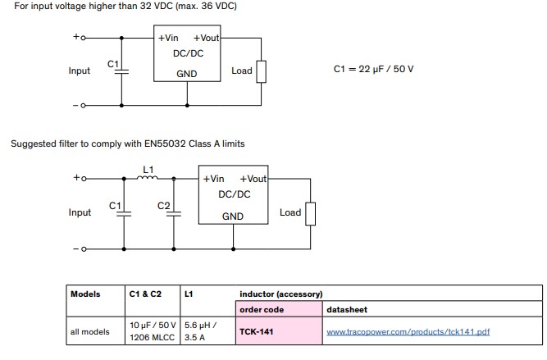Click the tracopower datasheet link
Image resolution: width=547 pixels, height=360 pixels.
(408, 332)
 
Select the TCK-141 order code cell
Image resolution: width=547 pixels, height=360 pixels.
(279, 331)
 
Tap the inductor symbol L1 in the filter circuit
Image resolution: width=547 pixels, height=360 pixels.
(148, 178)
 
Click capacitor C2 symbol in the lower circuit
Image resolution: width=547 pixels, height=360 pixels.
(174, 214)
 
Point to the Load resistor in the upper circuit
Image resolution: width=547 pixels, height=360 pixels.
(262, 72)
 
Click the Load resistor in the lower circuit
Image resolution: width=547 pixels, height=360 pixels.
(311, 213)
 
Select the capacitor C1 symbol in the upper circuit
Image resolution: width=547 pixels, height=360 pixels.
(121, 71)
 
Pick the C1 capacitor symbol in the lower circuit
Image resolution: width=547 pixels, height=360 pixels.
(124, 214)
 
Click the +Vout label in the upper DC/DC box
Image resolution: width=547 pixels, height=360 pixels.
(206, 38)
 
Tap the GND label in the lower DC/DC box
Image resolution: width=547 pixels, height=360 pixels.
(233, 216)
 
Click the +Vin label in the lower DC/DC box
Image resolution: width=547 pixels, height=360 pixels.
(213, 179)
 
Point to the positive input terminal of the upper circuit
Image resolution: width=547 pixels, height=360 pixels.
(83, 38)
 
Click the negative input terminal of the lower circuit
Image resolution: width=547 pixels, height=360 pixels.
(84, 249)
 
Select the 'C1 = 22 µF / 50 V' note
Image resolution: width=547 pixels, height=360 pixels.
(373, 69)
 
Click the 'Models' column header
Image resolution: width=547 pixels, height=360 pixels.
(85, 294)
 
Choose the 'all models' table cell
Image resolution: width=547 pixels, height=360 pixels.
(89, 332)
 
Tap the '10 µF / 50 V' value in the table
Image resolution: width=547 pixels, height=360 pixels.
(153, 325)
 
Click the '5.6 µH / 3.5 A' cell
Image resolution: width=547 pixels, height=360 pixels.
(201, 331)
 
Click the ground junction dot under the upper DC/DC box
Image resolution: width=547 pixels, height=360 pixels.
(187, 105)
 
